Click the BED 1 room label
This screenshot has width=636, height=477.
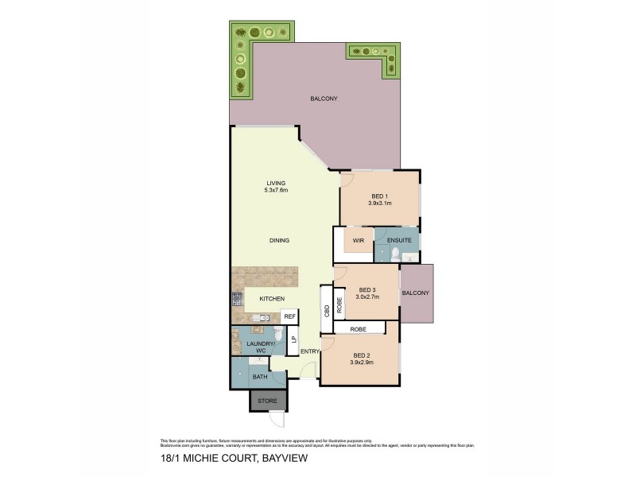(378, 196)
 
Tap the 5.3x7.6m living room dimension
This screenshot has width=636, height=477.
(276, 190)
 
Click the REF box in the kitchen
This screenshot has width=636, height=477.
(289, 316)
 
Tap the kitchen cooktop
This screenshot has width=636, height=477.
(237, 300)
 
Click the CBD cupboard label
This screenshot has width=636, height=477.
(326, 312)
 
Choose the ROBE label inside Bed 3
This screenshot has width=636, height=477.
(339, 304)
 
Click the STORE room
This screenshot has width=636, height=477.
(266, 401)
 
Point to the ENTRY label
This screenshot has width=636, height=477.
(309, 351)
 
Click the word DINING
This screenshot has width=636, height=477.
(278, 240)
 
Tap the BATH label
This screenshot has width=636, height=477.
(260, 376)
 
